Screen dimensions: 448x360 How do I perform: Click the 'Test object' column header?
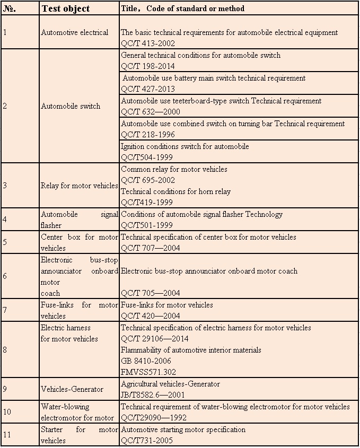point(65,8)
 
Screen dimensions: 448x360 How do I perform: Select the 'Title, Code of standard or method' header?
point(182,8)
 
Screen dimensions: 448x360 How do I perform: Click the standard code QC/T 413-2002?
point(148,43)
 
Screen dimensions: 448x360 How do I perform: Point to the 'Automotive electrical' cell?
point(74,32)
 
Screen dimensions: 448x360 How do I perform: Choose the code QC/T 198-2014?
point(148,66)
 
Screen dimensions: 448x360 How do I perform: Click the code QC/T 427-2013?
point(148,89)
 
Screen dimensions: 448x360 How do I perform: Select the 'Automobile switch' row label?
point(71,106)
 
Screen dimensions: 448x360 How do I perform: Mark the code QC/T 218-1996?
point(148,135)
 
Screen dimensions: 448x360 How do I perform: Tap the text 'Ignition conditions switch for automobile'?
point(185,146)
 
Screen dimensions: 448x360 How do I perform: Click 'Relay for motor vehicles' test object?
point(79,186)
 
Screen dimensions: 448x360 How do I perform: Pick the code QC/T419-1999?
point(147,202)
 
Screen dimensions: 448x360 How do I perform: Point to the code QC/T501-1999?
point(147,225)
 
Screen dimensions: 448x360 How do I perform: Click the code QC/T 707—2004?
point(151,248)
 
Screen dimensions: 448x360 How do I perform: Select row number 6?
point(5,276)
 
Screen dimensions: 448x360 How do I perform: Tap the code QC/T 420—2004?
point(151,316)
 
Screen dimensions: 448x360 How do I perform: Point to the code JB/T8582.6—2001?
point(153,394)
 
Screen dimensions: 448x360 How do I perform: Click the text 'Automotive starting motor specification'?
point(183,429)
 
